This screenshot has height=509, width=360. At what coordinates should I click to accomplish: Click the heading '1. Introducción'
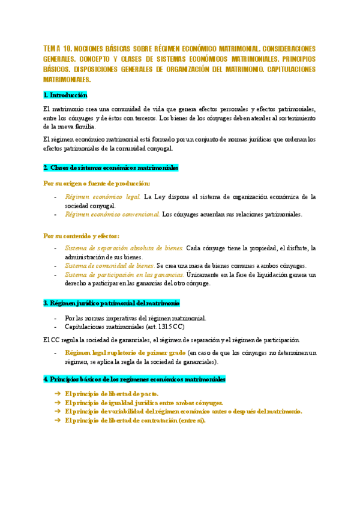[65, 95]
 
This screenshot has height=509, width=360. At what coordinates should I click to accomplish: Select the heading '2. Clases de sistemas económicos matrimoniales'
[111, 167]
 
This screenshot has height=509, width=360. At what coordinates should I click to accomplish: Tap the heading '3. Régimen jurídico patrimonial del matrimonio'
[112, 303]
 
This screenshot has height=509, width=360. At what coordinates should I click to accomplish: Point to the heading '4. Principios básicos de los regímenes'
[134, 379]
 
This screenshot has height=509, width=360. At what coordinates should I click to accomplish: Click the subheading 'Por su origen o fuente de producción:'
[97, 183]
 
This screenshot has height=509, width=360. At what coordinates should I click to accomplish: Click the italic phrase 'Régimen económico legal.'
[103, 196]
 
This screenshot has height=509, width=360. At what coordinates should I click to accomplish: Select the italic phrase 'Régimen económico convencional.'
[112, 214]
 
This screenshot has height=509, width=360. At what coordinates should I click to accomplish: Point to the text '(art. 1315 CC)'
[164, 327]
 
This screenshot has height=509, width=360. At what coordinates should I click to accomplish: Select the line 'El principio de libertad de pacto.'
[112, 393]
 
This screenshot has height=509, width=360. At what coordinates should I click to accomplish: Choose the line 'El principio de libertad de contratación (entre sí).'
[135, 420]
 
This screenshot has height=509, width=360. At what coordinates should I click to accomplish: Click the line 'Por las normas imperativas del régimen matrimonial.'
[136, 318]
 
